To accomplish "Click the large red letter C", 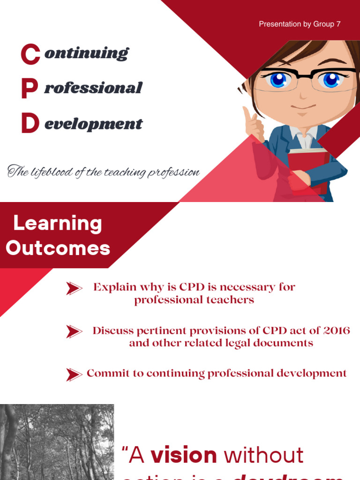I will [30, 53].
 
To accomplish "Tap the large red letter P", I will [30, 89].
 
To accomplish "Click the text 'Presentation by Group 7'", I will [300, 24].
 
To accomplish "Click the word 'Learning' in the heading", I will [57, 224].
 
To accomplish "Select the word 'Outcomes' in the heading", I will [58, 248].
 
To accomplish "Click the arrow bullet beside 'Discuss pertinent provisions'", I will [74, 331].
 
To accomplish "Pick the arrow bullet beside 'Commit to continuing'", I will [74, 374].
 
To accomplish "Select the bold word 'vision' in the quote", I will [184, 455].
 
